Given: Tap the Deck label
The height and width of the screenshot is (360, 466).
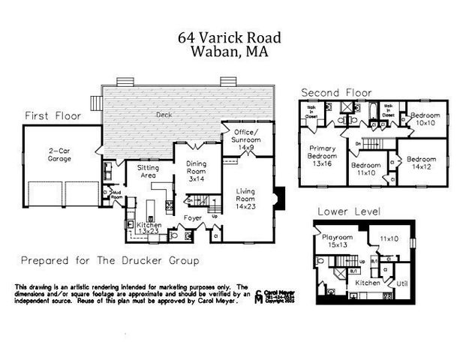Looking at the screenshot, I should (x=164, y=115).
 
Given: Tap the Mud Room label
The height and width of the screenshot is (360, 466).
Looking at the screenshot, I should (x=116, y=194).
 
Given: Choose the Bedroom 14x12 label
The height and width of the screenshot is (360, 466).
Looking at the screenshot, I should (x=422, y=163).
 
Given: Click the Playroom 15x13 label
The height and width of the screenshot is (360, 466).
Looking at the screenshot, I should (x=337, y=241).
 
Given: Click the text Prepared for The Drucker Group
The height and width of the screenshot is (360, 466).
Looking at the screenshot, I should (x=110, y=261).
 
